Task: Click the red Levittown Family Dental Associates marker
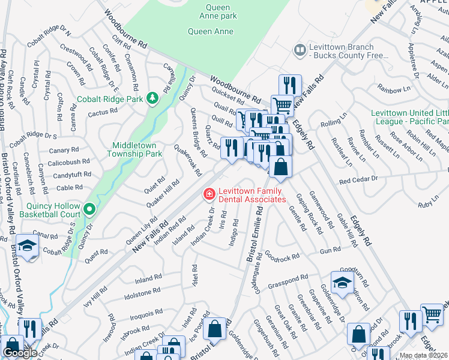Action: (208, 194)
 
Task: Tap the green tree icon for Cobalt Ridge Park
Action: (152, 98)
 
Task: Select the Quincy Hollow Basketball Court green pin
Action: (90, 209)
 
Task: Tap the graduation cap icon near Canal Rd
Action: (28, 246)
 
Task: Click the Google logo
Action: (20, 353)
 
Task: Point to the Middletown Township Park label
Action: (134, 150)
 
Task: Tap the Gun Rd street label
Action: (331, 250)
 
